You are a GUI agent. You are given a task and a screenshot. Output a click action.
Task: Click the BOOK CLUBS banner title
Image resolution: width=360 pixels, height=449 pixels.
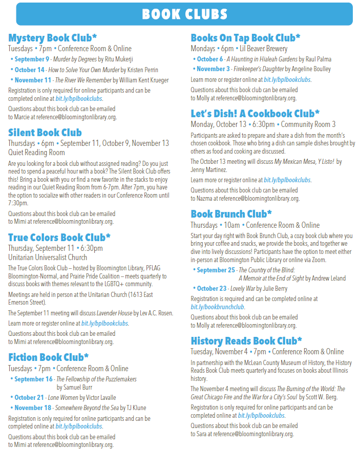pyautogui.click(x=184, y=14)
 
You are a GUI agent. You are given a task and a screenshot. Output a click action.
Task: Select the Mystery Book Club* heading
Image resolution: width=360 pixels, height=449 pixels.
pyautogui.click(x=53, y=38)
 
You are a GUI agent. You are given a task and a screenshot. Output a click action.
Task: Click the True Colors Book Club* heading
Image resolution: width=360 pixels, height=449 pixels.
pyautogui.click(x=59, y=237)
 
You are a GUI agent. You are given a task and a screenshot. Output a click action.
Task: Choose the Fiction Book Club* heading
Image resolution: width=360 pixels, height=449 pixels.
pyautogui.click(x=49, y=357)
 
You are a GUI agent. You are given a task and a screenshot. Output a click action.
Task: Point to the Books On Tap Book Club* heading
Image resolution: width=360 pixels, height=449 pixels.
pyautogui.click(x=245, y=38)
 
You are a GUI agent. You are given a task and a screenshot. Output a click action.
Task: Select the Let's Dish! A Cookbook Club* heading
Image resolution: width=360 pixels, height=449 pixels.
pyautogui.click(x=255, y=113)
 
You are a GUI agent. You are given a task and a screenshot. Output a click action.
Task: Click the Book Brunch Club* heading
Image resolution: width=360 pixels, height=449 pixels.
pyautogui.click(x=231, y=213)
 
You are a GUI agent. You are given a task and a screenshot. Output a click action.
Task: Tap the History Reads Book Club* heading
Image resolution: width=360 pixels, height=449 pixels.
pyautogui.click(x=246, y=340)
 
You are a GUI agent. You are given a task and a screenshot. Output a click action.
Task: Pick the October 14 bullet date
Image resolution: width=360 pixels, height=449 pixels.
pyautogui.click(x=30, y=70)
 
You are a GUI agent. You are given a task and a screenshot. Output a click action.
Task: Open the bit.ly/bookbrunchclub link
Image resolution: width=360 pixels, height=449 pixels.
pyautogui.click(x=218, y=307)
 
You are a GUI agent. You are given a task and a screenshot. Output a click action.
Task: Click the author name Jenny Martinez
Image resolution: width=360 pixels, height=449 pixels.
pyautogui.click(x=208, y=169)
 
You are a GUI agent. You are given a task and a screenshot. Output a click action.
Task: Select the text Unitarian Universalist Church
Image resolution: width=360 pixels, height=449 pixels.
pyautogui.click(x=48, y=258)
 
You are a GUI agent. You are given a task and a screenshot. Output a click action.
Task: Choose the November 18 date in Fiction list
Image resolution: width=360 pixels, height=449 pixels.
pyautogui.click(x=33, y=408)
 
